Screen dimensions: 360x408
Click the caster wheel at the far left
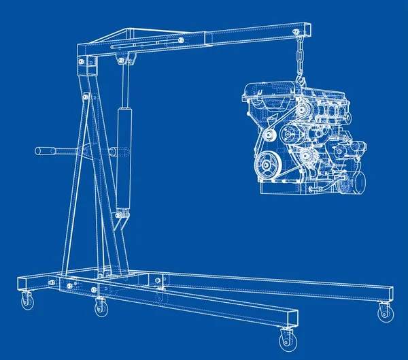(27, 301)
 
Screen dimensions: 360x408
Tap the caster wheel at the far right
(385, 312)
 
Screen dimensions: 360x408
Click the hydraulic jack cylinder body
(123, 157)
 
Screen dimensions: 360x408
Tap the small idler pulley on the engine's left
(270, 137)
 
